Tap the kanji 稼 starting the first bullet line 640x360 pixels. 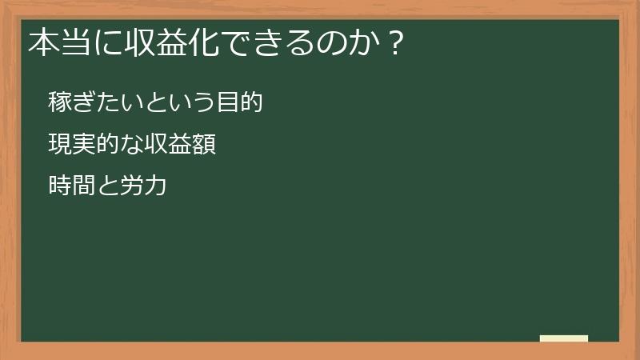[x=60, y=103]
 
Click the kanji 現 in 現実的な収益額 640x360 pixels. [x=60, y=146]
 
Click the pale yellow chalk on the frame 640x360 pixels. [x=564, y=338]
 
